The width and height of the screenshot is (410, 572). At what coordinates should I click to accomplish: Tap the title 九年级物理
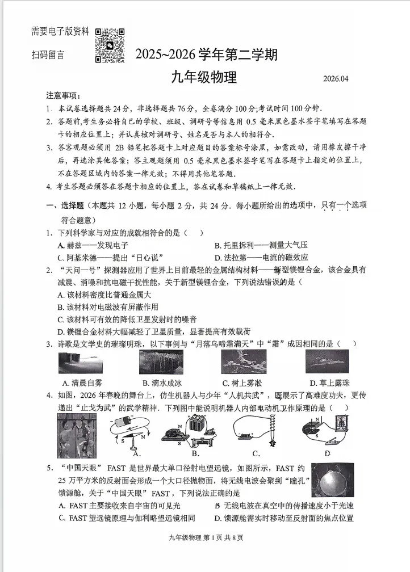[204, 77]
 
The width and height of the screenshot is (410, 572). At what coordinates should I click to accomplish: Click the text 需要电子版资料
[60, 32]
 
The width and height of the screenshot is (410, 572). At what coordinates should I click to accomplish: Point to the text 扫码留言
[48, 55]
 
